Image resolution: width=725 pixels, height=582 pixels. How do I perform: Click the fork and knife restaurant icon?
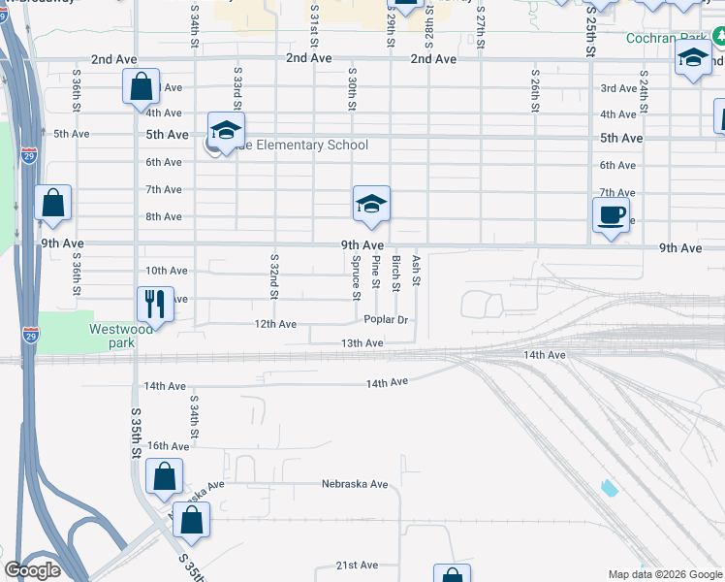(155, 304)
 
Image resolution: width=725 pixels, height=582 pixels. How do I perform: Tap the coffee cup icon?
(611, 215)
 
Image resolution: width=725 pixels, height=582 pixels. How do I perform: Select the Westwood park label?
(121, 336)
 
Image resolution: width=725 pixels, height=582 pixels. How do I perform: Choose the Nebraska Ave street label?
(355, 484)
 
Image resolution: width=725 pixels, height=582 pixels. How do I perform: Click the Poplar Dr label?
(389, 319)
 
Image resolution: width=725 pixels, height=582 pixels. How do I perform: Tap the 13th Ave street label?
(362, 343)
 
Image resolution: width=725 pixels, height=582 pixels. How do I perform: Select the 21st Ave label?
(356, 565)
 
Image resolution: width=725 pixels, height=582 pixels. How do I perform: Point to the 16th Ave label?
(168, 446)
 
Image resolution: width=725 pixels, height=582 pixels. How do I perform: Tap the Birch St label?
(395, 274)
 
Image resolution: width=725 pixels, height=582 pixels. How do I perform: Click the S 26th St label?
(534, 90)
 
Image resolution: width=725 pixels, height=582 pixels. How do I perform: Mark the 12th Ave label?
(275, 324)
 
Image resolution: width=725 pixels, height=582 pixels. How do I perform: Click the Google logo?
(32, 570)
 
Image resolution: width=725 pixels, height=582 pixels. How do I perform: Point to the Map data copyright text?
(664, 574)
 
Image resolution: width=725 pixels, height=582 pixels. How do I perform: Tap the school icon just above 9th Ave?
(371, 205)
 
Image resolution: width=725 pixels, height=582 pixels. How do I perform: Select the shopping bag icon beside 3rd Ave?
(141, 86)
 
